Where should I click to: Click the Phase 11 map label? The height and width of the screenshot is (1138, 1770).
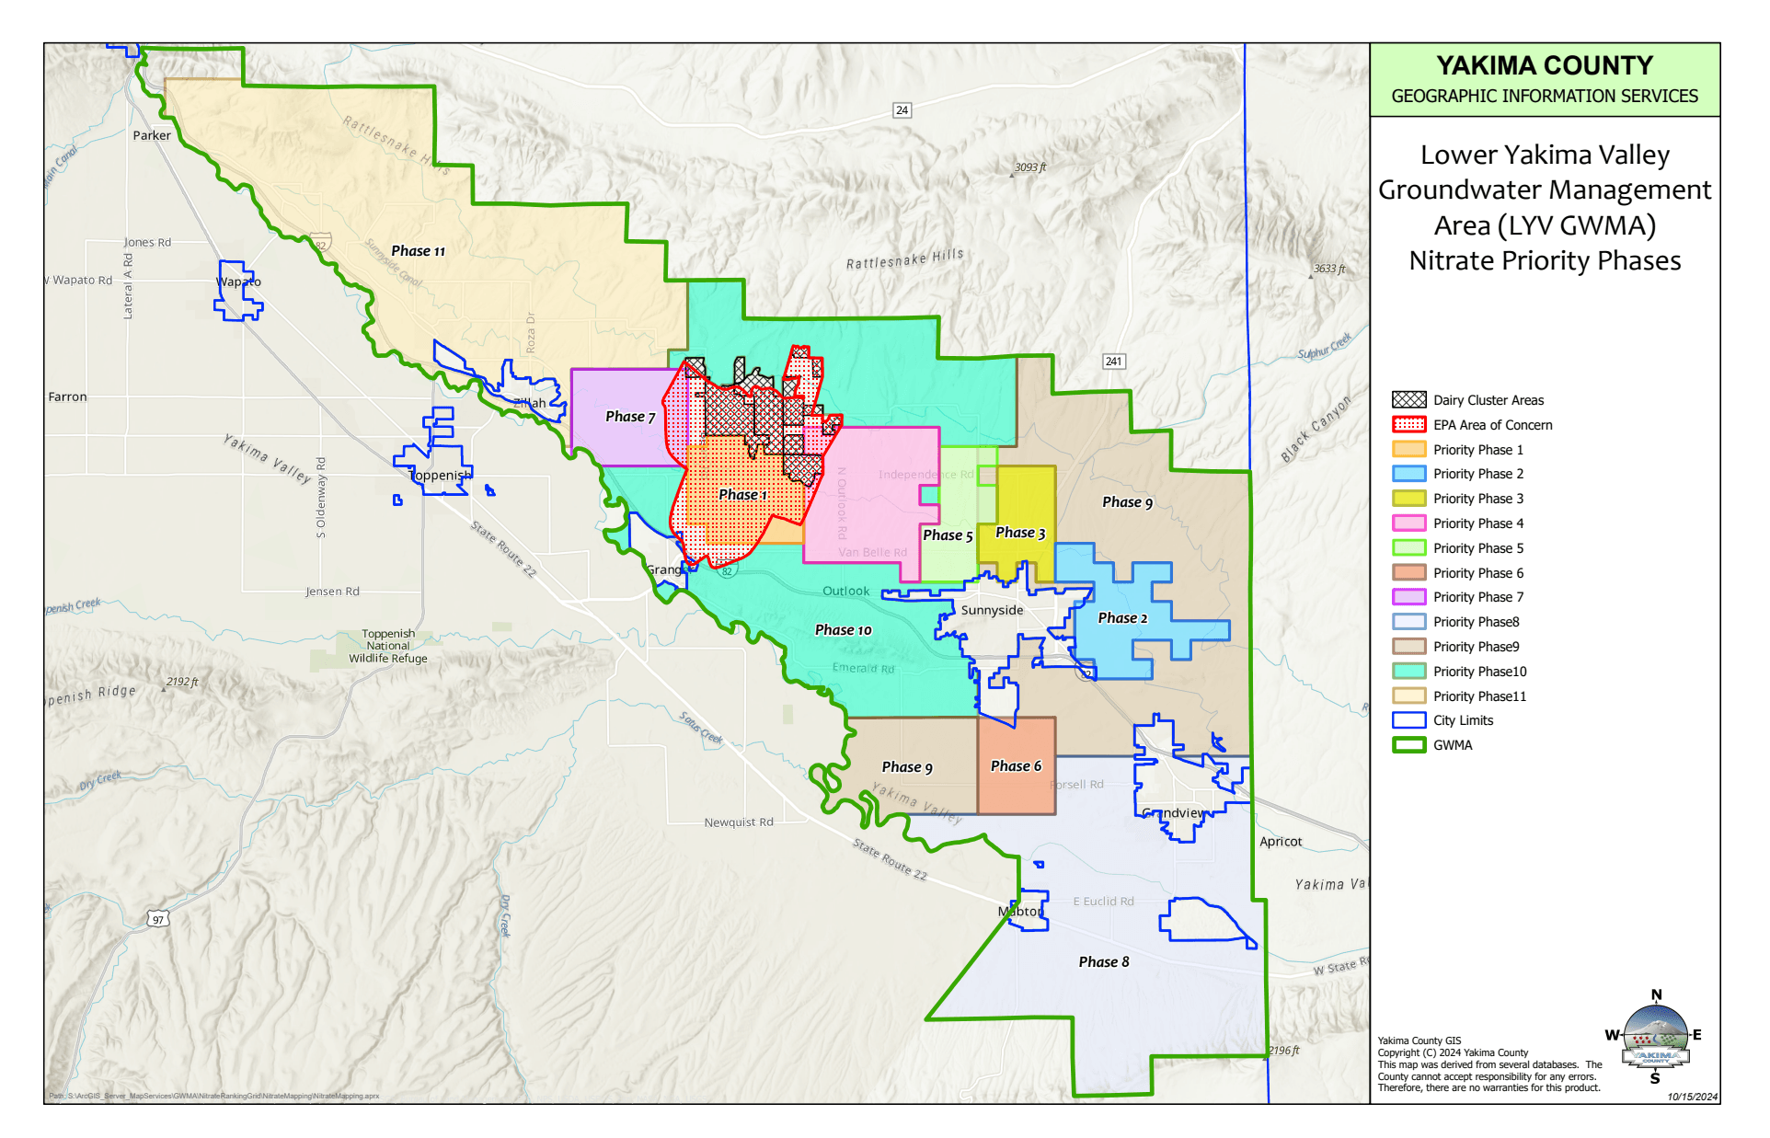418,251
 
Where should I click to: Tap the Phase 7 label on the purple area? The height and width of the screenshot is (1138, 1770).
630,417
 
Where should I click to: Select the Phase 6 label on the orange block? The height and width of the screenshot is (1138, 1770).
1016,766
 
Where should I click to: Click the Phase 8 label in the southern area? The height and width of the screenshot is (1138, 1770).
1103,962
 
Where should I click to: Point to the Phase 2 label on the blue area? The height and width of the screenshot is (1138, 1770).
1122,618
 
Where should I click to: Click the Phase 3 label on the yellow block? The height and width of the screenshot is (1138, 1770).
1020,533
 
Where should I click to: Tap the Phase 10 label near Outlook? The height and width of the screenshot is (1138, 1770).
843,630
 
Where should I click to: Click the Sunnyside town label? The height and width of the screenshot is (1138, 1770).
992,610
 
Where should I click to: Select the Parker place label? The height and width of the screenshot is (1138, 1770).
152,135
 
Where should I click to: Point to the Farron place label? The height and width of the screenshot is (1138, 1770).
67,397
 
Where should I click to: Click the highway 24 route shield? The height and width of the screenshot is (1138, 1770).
902,110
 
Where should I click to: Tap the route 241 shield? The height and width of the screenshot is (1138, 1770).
1113,362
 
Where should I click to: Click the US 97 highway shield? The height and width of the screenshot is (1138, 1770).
158,919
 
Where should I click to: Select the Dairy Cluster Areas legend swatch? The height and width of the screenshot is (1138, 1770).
1408,400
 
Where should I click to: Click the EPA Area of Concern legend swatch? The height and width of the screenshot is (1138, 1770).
1408,425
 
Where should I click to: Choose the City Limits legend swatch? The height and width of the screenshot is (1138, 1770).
1408,720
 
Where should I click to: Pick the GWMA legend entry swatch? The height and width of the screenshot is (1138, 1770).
1408,745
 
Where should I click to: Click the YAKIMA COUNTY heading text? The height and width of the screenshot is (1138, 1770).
1544,66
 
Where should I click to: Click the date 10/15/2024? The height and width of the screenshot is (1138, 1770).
1692,1097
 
